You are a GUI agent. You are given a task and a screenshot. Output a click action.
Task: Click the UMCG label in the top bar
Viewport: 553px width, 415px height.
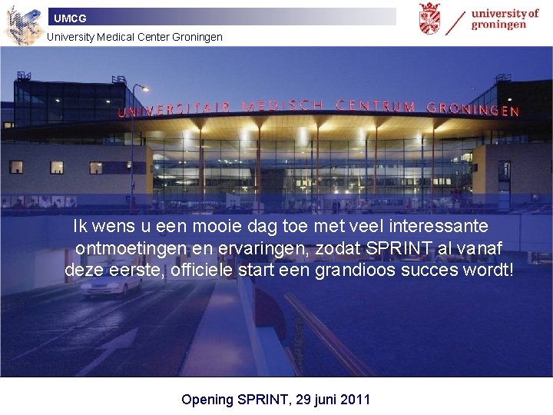point(70,18)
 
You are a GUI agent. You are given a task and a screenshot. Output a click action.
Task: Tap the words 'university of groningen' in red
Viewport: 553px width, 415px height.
point(505,18)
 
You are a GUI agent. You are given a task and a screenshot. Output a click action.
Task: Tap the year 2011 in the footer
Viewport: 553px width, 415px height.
point(355,399)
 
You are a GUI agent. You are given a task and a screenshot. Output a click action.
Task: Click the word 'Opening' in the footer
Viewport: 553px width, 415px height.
point(207,399)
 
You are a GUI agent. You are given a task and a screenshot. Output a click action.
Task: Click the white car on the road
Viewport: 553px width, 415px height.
point(111,284)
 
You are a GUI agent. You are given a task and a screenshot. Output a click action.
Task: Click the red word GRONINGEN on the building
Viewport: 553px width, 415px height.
point(472,109)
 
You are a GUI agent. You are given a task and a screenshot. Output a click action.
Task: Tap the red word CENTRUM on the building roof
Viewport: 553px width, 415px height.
point(376,106)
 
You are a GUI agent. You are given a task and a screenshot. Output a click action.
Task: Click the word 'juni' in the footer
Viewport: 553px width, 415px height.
point(322,399)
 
